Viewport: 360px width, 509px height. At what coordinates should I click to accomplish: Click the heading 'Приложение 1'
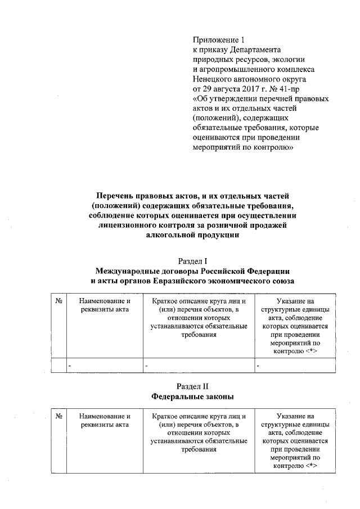click(219, 39)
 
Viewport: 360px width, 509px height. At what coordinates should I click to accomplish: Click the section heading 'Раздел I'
click(193, 261)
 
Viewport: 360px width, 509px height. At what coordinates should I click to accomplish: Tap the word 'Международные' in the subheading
click(133, 271)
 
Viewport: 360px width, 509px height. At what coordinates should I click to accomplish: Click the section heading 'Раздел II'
click(193, 386)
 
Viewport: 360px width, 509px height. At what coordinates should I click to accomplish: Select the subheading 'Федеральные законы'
click(193, 396)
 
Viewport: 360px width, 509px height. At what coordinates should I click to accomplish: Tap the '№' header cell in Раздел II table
click(58, 416)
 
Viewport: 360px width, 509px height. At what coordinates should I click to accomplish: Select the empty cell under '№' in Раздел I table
click(58, 366)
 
